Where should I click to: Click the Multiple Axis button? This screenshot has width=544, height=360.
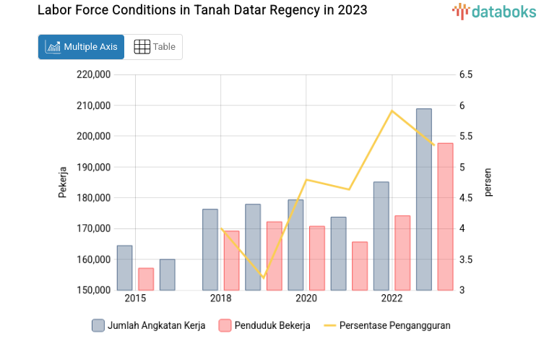(81, 47)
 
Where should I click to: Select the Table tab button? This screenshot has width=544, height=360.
(154, 47)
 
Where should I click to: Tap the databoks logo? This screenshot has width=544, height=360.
(494, 11)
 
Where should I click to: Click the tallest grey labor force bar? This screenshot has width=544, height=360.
(424, 199)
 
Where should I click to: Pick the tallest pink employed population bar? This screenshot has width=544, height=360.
(445, 217)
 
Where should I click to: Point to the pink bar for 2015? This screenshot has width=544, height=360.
(146, 279)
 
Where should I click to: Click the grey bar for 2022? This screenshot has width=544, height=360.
(381, 236)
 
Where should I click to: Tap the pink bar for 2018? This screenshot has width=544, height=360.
(231, 260)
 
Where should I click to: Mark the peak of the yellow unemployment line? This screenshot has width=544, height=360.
(392, 111)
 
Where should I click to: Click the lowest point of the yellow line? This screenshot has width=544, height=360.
(264, 278)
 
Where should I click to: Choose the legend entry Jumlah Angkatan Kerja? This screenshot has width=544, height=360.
(149, 325)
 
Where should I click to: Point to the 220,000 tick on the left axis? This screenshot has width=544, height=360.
(93, 74)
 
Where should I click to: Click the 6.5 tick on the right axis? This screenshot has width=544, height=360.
(465, 74)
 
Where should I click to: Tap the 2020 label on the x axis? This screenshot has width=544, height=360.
(306, 299)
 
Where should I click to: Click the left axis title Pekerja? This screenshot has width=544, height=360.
(63, 182)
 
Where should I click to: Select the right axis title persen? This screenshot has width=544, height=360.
(488, 182)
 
